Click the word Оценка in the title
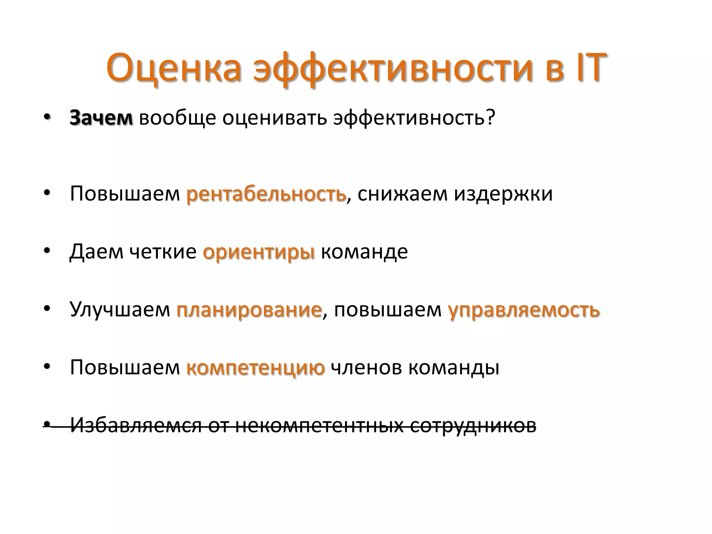coord(174,68)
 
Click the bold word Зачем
coord(101,118)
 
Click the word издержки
coord(503,194)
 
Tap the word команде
coord(364,251)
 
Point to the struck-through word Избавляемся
coord(136,425)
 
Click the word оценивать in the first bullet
coord(275,118)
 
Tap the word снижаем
coord(402,194)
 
